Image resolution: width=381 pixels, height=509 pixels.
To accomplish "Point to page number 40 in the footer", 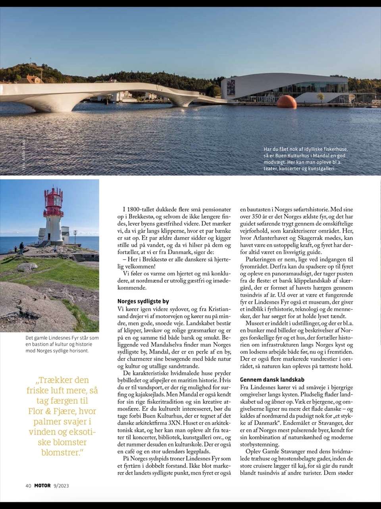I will [x=28, y=485].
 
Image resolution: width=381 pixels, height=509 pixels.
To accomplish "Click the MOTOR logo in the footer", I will [x=43, y=485].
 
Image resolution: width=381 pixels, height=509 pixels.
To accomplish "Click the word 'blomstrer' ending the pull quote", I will [x=62, y=452].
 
